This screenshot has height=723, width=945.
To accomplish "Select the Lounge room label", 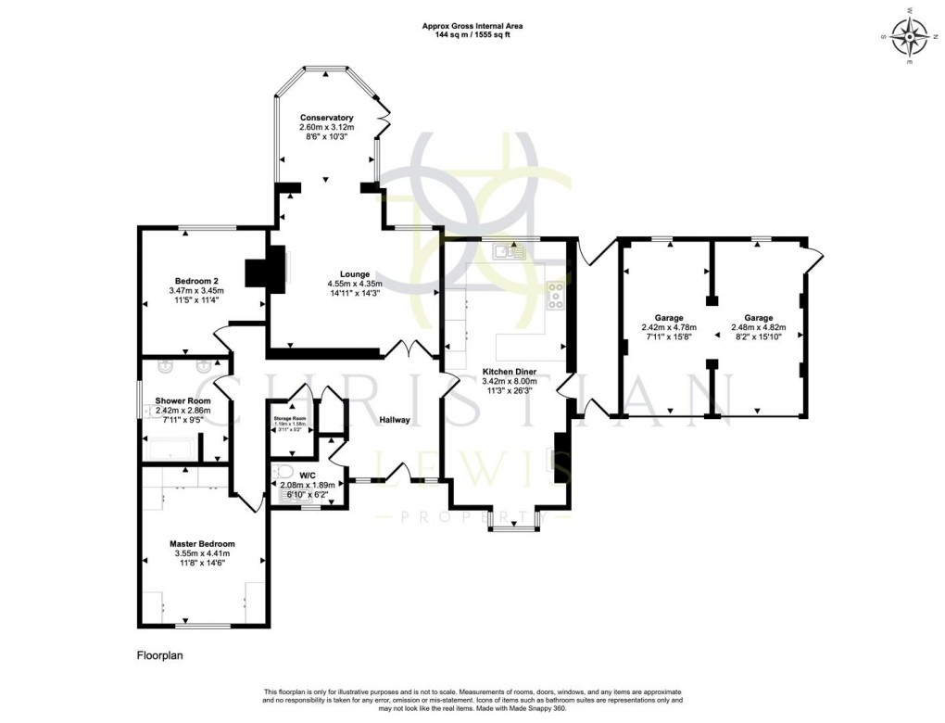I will pos(355,274).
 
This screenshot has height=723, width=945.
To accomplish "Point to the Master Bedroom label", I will pos(202,544).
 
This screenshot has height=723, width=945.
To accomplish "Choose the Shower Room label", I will pos(183,401).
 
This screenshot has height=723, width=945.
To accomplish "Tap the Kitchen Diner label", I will pos(509,372).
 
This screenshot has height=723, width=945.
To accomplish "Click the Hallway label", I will pos(394,420).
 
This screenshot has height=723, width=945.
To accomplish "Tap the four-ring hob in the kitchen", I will pos(557,295).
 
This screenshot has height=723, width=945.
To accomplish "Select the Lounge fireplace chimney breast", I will pos(256,272).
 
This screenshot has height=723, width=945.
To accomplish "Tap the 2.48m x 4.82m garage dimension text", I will pos(757,327).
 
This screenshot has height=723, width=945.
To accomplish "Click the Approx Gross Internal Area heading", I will pos(473,26).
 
